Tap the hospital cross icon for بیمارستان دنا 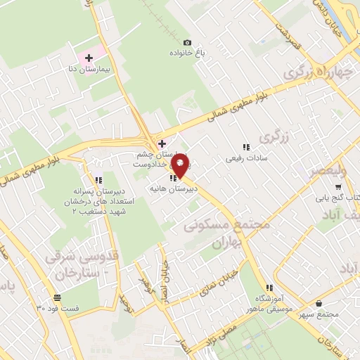click(89, 58)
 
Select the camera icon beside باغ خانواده click(187, 42)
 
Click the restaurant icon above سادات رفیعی click(246, 147)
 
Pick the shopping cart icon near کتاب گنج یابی click(338, 187)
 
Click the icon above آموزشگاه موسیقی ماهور click(269, 288)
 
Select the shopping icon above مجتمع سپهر click(320, 303)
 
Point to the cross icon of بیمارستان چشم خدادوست click(162, 143)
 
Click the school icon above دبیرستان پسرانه click(98, 180)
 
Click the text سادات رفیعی click(243, 158)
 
